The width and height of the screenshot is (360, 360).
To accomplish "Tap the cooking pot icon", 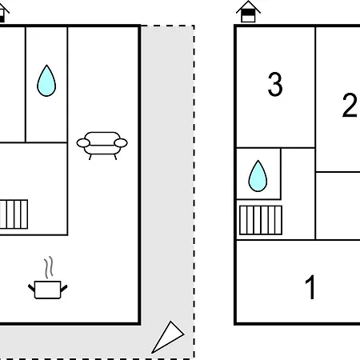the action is (48, 290).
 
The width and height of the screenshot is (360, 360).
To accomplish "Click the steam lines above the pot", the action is (49, 267).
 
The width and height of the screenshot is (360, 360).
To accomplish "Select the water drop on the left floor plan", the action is (46, 81).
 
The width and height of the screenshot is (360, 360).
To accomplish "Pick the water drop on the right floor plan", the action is (258, 176).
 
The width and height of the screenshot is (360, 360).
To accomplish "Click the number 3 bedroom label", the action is (275, 84).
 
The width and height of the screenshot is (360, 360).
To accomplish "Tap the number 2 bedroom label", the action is (350, 105).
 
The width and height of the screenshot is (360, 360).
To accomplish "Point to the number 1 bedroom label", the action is (310, 287).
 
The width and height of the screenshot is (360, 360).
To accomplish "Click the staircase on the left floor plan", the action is (14, 214).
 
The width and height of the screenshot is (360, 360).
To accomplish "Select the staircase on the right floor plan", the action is (261, 220).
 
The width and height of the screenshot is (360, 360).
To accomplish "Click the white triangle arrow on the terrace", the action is (168, 338).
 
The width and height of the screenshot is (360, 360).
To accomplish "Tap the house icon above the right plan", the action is (248, 12).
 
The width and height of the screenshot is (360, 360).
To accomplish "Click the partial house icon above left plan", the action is (4, 13).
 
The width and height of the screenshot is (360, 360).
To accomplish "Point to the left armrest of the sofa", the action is (83, 143).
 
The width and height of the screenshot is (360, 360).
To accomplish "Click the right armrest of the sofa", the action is (121, 143).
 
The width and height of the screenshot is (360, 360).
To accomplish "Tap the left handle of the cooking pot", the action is (31, 288).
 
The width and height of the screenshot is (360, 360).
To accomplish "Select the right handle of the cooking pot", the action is (64, 288).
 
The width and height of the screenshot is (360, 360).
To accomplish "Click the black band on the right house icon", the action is (248, 13).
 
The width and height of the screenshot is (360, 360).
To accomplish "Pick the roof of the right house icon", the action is (248, 6).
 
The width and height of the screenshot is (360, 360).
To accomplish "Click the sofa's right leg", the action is (115, 157).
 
